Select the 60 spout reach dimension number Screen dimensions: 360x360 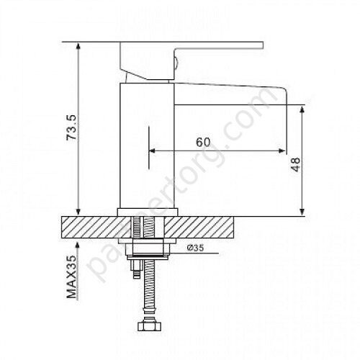(204, 142)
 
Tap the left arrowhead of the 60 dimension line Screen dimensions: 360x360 (153, 151)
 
